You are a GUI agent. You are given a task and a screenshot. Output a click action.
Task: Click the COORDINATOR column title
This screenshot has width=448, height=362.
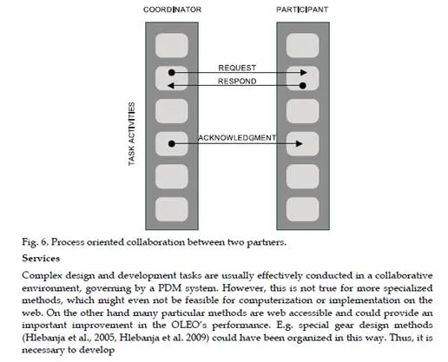[172, 10]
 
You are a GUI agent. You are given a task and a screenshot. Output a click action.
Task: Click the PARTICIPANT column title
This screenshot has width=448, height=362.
[302, 10]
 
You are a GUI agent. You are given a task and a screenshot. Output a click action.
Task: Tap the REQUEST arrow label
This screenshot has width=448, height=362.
[237, 68]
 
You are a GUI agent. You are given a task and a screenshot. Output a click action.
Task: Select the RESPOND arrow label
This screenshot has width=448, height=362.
[237, 82]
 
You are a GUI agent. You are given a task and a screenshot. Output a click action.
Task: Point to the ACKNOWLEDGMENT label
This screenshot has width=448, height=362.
[237, 138]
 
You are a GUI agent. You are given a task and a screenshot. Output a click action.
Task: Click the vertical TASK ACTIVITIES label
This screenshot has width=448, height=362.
[131, 134]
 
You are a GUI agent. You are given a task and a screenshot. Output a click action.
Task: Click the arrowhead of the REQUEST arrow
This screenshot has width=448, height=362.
[304, 72]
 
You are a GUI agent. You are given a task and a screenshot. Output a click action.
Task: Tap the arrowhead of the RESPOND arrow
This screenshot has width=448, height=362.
[171, 86]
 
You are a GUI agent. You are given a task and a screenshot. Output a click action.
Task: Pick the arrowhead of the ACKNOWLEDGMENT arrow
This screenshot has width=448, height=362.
[300, 144]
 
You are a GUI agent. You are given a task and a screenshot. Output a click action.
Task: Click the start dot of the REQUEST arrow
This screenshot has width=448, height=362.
[172, 72]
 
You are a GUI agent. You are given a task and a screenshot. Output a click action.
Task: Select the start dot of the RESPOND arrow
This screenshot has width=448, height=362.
[303, 86]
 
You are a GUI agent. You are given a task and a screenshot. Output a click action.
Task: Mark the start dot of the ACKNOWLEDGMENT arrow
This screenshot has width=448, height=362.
[172, 144]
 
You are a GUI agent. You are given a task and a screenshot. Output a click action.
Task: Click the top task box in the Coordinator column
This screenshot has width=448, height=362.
[172, 45]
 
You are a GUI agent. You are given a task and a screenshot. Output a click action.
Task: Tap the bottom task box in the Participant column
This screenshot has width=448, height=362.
[303, 209]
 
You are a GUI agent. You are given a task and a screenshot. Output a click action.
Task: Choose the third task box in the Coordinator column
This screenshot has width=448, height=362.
[172, 111]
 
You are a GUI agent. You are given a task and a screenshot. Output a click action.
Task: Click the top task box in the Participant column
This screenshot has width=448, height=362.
[303, 45]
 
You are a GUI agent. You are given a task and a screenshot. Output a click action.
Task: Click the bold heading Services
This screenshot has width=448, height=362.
[41, 258]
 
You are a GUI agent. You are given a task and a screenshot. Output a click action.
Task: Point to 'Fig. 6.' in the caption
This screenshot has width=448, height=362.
[35, 242]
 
